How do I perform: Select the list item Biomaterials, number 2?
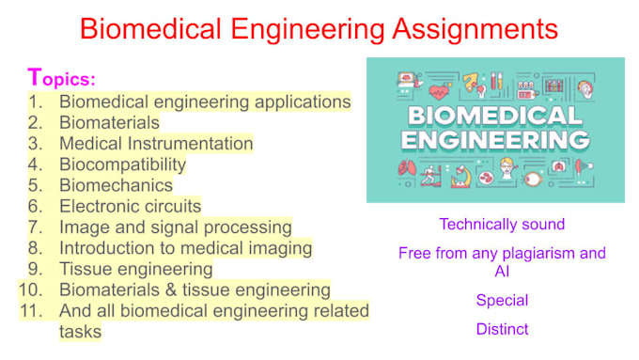click(x=109, y=122)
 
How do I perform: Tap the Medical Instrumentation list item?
click(x=156, y=144)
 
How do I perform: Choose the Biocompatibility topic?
click(x=122, y=164)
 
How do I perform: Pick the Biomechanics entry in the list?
click(x=116, y=185)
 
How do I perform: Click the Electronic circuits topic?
click(x=130, y=206)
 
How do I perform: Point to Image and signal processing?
click(x=175, y=227)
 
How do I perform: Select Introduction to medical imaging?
click(x=185, y=248)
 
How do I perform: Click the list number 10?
click(x=30, y=290)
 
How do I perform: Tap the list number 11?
click(x=30, y=310)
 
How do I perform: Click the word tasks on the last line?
click(x=80, y=331)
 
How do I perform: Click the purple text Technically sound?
click(x=502, y=225)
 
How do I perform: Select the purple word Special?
click(x=502, y=301)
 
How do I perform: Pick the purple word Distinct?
click(x=502, y=329)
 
